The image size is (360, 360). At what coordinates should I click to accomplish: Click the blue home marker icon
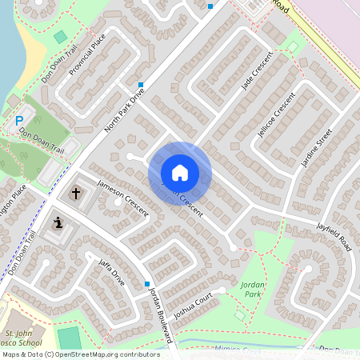point(180,172)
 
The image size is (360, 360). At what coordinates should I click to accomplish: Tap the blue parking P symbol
point(18,122)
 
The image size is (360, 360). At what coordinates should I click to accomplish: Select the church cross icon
point(76,193)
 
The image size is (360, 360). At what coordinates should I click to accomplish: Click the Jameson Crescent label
point(122,197)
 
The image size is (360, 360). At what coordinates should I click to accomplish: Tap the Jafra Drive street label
point(111,273)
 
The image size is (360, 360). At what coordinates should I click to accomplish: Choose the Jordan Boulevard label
point(161,314)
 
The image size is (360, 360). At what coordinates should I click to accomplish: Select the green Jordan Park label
point(252,289)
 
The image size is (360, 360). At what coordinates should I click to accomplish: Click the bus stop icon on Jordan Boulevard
point(147,283)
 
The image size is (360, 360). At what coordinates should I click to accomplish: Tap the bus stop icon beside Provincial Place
point(140,84)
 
